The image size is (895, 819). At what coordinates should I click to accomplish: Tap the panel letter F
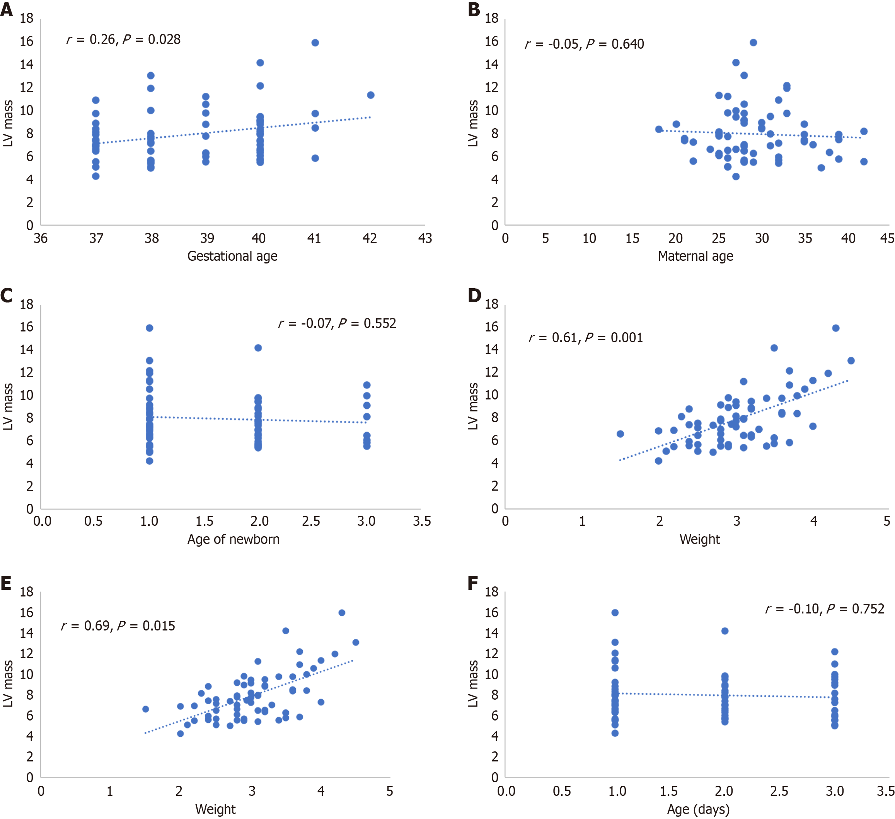coord(473,583)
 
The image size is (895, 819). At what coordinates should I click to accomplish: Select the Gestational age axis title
coord(232,256)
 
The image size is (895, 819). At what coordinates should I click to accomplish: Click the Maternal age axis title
coord(695,256)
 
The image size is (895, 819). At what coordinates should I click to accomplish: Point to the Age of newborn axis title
coord(233,539)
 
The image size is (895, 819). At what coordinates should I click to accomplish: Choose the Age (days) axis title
coord(698,809)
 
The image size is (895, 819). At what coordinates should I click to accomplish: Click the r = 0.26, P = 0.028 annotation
coord(123,39)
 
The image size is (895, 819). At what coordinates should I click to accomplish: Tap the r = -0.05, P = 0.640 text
coord(584,44)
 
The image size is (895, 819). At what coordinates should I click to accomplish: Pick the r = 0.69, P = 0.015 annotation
coord(118,625)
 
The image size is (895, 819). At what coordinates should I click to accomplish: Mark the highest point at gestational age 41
coord(315,42)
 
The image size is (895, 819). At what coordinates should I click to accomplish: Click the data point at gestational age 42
coord(371,95)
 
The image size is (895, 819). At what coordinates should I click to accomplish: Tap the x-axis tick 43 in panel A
coord(425,239)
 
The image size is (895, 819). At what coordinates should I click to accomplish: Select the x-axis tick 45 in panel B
coord(887,239)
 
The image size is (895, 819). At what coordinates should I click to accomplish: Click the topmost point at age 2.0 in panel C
coord(258,348)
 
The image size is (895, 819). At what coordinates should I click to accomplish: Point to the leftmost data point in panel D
coord(620,434)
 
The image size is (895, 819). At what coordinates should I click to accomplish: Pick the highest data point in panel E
coord(342,613)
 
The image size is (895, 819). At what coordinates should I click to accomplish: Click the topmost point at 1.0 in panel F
coord(615,613)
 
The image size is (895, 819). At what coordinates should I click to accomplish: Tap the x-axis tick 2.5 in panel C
coord(311,521)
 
